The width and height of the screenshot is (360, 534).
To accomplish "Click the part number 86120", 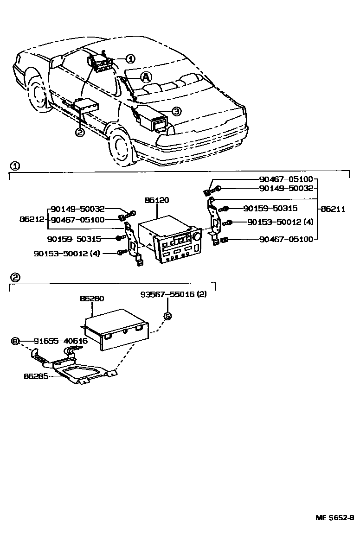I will (x=157, y=201).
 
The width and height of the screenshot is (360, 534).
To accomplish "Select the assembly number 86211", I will (x=333, y=209).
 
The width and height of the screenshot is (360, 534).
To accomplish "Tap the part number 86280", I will (x=92, y=299).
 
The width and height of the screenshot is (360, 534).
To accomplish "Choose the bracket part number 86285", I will (x=36, y=376).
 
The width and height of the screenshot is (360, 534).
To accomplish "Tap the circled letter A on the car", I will (x=146, y=76).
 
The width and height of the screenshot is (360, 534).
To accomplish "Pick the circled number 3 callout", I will (x=176, y=111).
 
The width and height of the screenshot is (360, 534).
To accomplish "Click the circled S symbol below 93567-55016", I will (x=167, y=316).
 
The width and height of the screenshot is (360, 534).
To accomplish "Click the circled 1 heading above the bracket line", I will (x=15, y=166).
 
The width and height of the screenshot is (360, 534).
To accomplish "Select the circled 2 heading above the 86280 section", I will (x=15, y=277).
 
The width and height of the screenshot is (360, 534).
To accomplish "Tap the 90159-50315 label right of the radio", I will (x=270, y=209).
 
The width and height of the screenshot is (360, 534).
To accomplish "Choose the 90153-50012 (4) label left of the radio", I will (x=68, y=253).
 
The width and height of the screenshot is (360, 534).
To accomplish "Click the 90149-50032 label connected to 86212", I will (x=77, y=209).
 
